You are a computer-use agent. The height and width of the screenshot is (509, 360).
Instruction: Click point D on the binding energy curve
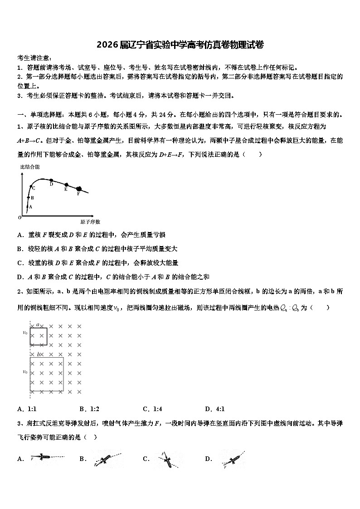coord(51,180)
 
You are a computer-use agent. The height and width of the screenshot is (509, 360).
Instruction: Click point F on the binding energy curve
coord(79,189)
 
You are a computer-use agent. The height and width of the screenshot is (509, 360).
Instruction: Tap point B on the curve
coord(28,198)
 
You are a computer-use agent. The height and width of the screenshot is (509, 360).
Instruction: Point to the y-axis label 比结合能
coord(30,167)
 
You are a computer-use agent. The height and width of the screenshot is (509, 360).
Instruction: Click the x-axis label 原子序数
coord(90,222)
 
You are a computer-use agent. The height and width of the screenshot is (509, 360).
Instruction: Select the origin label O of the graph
coord(20,218)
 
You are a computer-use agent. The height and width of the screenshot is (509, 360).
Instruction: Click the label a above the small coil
coord(39,325)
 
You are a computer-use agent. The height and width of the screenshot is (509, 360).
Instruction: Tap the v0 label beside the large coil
coord(25,372)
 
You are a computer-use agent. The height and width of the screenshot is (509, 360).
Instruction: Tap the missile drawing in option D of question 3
coord(233,460)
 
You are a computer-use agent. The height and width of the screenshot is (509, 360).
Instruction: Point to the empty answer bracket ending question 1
coord(253,154)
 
